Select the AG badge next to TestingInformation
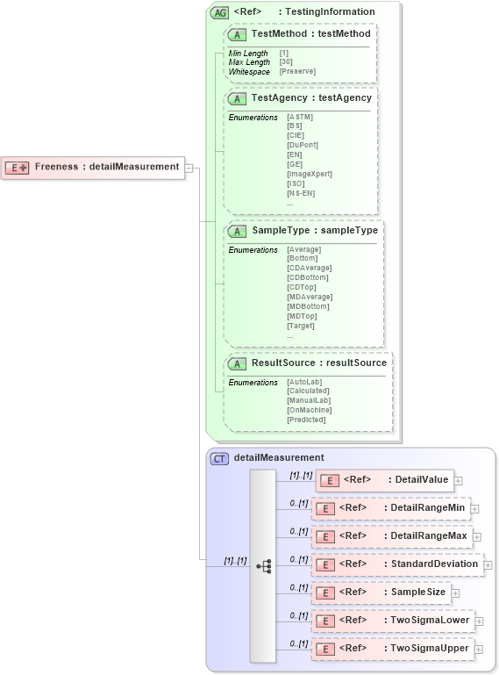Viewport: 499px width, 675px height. click(x=220, y=12)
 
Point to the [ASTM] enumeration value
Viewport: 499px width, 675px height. click(x=299, y=117)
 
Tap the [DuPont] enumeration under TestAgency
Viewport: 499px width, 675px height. click(x=303, y=145)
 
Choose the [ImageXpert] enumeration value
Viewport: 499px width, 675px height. click(x=309, y=174)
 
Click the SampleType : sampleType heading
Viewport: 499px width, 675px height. click(x=314, y=230)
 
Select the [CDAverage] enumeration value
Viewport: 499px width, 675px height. click(x=308, y=268)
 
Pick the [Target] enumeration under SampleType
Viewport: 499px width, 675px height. click(x=302, y=326)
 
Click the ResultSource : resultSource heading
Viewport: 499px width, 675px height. click(x=318, y=363)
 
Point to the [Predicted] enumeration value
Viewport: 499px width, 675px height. click(x=305, y=420)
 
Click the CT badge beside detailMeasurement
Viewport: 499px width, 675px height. click(x=220, y=458)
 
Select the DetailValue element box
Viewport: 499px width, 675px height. click(x=385, y=480)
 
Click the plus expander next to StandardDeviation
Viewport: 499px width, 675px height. click(x=488, y=564)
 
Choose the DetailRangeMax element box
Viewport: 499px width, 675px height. click(x=391, y=535)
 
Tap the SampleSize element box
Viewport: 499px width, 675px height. click(x=382, y=592)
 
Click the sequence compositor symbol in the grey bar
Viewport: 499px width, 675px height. click(x=263, y=566)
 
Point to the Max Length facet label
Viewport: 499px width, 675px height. click(x=249, y=62)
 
